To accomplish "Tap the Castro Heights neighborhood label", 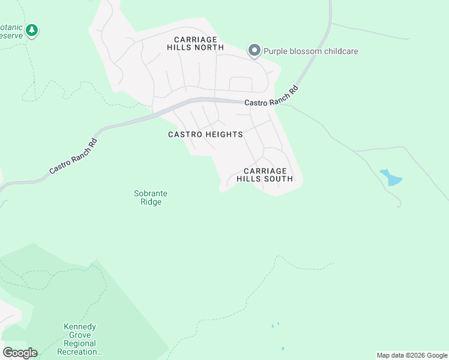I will tap(205, 134).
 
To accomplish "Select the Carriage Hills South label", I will tap(265, 175).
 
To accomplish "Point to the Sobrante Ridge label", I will tap(150, 197).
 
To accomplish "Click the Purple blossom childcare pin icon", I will tap(255, 50).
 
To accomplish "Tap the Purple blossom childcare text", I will tap(310, 51).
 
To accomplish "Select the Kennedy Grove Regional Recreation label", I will tap(80, 340).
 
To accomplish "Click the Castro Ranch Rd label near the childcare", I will tap(271, 96).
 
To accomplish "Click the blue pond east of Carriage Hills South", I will tap(391, 178).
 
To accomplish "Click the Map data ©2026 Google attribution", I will tap(412, 355).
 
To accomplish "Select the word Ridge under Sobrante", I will tap(150, 202).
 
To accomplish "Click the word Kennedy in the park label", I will tap(80, 327).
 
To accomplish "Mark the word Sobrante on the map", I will tap(150, 193).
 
